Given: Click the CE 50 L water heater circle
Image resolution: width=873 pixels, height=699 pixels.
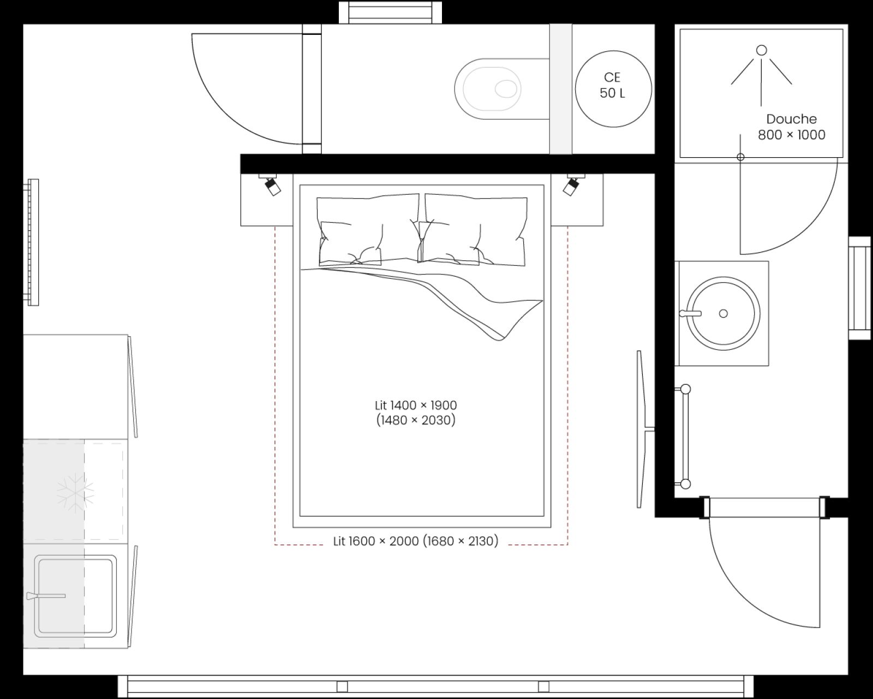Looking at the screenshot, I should (x=613, y=88).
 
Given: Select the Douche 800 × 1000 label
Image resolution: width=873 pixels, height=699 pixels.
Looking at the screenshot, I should (x=791, y=127).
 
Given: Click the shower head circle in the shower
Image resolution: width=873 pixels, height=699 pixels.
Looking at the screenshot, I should (x=761, y=50).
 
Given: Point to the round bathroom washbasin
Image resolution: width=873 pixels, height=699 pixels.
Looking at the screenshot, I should (x=723, y=313).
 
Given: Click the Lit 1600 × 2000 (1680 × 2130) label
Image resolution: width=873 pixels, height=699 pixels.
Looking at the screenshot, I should (x=416, y=541).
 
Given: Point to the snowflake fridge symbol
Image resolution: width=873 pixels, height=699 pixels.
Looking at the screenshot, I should (x=75, y=493).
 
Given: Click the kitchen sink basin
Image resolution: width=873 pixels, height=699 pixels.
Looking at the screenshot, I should (x=75, y=596).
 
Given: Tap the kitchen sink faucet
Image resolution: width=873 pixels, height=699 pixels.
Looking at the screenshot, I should (x=46, y=595).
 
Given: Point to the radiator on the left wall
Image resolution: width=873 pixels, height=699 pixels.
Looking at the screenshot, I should (x=32, y=242).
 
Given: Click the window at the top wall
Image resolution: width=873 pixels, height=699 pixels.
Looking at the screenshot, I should (x=390, y=12).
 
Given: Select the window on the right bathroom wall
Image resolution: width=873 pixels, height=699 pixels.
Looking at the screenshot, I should (x=859, y=288).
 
